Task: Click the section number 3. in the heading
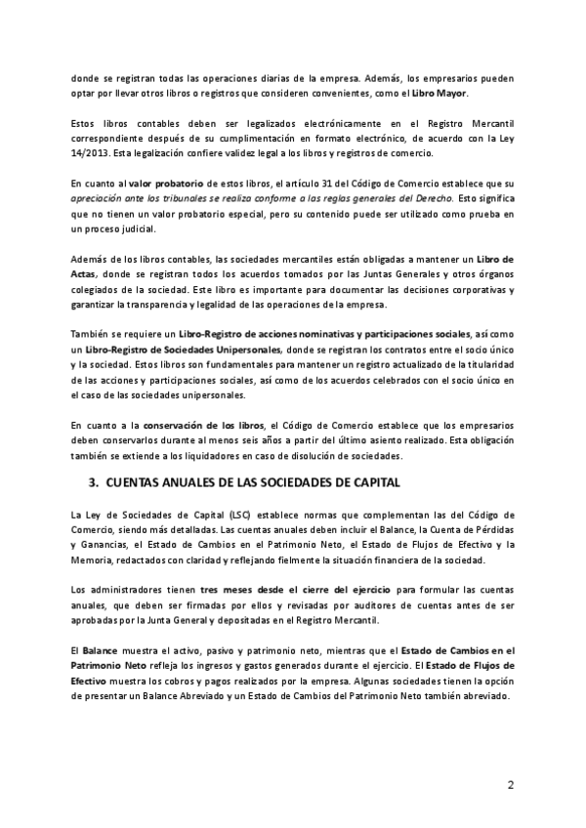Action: (x=94, y=481)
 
